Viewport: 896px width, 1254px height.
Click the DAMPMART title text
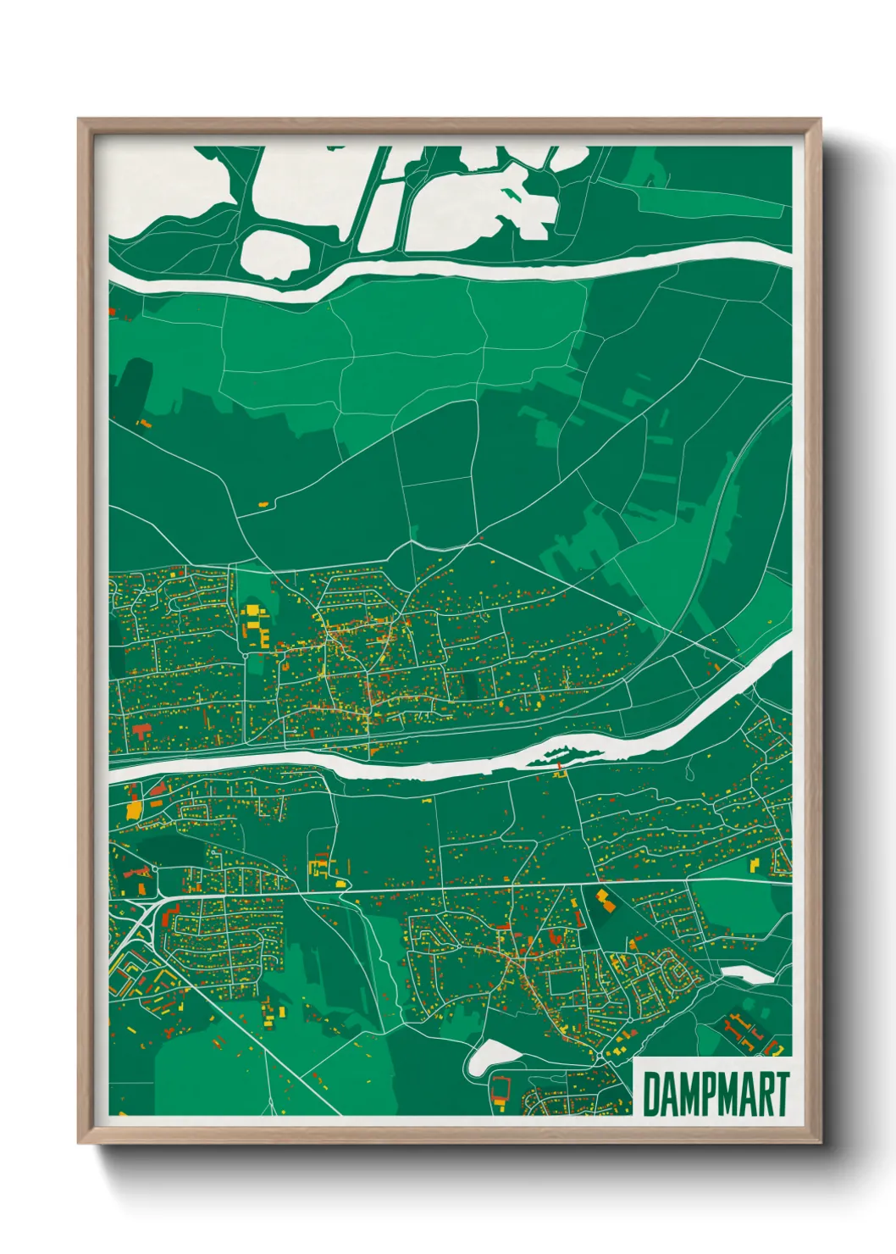[716, 1094]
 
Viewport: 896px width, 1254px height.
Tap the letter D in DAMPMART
[652, 1094]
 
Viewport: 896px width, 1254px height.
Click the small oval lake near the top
[275, 252]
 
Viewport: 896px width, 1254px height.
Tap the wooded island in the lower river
[559, 750]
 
